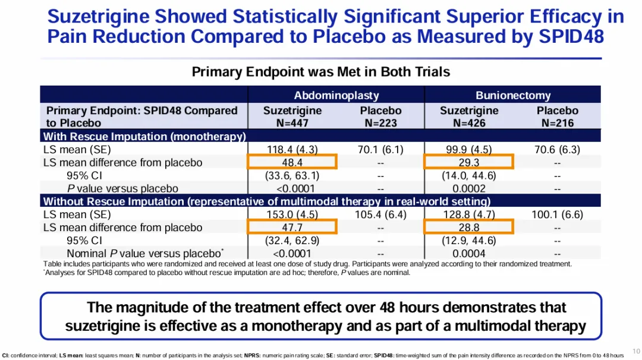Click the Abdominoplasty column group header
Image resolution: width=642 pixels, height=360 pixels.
[336, 95]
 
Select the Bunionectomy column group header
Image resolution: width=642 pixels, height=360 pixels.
[513, 95]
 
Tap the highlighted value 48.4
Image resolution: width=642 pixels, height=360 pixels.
[292, 162]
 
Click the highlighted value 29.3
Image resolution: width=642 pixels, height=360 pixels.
[469, 162]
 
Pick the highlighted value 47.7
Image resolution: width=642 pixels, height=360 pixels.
[292, 227]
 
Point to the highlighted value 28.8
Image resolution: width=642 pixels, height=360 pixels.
[469, 227]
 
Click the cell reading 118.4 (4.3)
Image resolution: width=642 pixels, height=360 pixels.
[292, 150]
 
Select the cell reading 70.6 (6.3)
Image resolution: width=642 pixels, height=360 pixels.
[557, 150]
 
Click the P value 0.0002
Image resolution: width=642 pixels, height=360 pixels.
[469, 188]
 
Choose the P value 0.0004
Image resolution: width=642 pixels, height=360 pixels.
[469, 254]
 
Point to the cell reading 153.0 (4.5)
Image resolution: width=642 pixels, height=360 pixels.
[292, 214]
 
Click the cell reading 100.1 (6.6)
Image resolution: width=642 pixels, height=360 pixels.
[557, 214]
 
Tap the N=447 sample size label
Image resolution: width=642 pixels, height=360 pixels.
[292, 123]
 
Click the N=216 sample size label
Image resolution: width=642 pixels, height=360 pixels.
[557, 123]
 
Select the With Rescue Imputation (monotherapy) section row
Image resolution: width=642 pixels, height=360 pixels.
[144, 137]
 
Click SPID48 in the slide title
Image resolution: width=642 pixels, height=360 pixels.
[571, 37]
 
